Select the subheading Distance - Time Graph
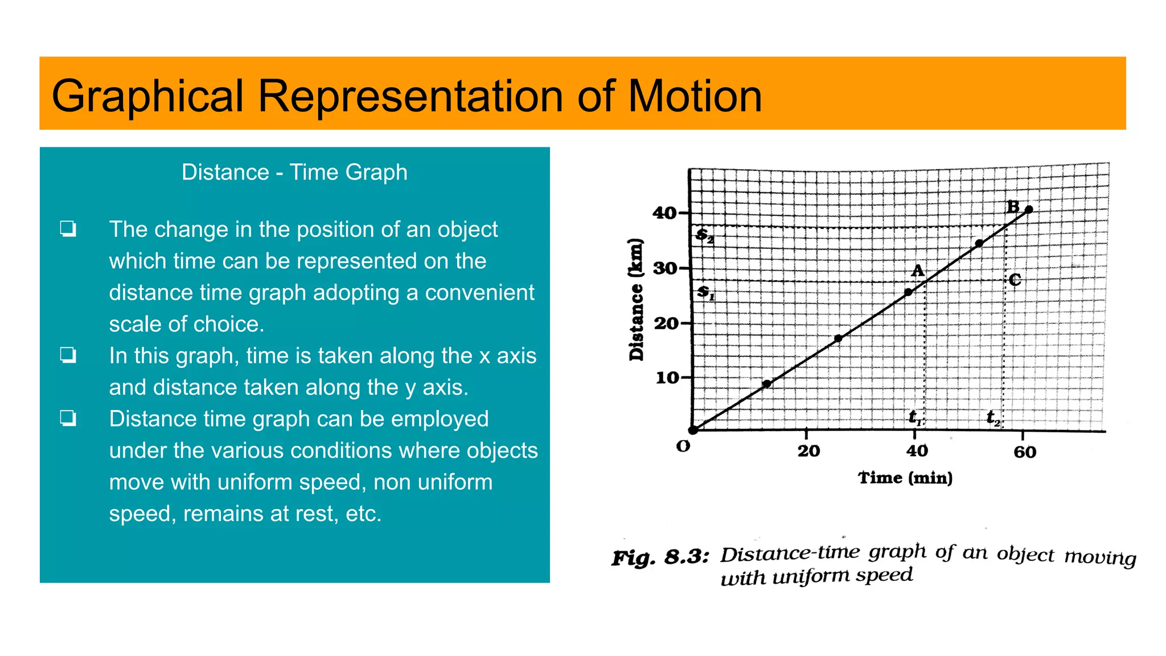294,172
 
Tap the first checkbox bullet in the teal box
68,229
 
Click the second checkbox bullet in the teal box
68,355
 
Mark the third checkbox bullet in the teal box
68,419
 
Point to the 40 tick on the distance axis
664,213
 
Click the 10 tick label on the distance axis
667,378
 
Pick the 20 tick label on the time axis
808,451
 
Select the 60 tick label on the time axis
1025,452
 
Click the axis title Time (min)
905,478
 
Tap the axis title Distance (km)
637,300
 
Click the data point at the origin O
693,430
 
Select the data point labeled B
1028,210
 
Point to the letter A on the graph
917,270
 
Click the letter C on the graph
1015,280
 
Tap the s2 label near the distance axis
705,235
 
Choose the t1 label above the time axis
915,417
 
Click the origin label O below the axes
683,446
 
